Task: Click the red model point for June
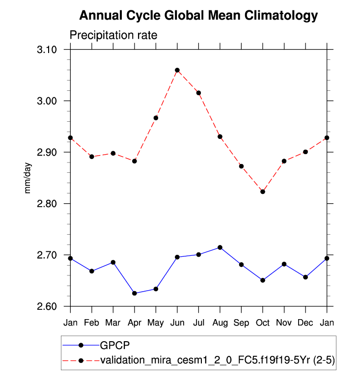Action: click(x=177, y=70)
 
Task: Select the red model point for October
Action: click(x=263, y=192)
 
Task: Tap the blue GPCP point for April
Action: click(x=135, y=293)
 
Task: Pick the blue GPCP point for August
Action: click(x=220, y=247)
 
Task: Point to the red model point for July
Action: click(x=198, y=93)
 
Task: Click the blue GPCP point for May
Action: click(x=156, y=289)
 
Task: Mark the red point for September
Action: click(x=241, y=166)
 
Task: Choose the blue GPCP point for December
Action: click(x=305, y=277)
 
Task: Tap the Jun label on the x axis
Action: click(x=177, y=323)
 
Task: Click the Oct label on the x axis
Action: click(x=263, y=323)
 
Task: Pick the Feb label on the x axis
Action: click(x=92, y=323)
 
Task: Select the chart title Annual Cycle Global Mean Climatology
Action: click(x=198, y=16)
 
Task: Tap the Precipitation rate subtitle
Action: click(x=113, y=35)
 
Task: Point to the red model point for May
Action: click(x=156, y=118)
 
